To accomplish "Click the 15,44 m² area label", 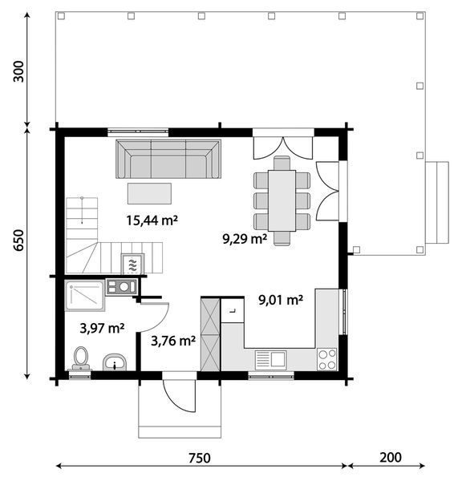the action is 152,220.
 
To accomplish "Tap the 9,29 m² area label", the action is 245,239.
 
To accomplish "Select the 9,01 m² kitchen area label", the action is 281,300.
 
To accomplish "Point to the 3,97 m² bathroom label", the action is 102,329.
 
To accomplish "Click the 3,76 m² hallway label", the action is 173,341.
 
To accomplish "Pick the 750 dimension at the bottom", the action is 200,458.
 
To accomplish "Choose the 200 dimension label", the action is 391,458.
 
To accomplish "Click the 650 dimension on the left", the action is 18,240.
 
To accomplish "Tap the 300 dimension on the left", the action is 18,71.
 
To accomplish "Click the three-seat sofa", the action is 168,159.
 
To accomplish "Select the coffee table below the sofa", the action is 149,193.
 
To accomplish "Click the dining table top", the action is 282,200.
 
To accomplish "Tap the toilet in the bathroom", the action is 81,358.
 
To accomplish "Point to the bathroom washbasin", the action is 115,362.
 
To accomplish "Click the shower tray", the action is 84,296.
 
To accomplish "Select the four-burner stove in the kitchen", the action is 327,359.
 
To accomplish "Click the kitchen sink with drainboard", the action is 271,360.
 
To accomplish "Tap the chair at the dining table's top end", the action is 282,163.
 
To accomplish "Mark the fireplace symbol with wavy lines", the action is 132,264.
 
